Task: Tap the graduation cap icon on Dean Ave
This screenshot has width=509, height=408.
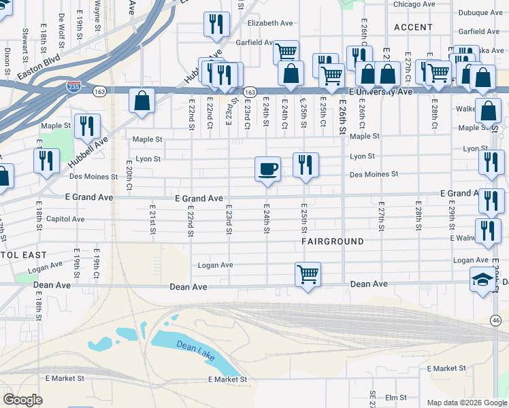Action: (x=483, y=279)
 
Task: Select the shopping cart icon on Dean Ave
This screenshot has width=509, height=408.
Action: (x=308, y=275)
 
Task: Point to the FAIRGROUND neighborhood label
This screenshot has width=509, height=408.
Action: (x=333, y=241)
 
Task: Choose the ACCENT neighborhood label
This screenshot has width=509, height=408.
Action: (x=413, y=27)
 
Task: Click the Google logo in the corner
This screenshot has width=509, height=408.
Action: (x=22, y=400)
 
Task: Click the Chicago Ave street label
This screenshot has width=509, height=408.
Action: (x=414, y=4)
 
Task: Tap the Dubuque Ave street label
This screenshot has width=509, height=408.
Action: (x=480, y=12)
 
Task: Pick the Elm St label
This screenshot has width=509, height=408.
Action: (x=395, y=397)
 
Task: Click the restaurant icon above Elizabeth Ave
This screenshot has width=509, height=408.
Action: (x=216, y=24)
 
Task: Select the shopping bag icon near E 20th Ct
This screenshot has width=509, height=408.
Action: (x=142, y=101)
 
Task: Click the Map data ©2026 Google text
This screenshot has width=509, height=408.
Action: (x=467, y=403)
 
